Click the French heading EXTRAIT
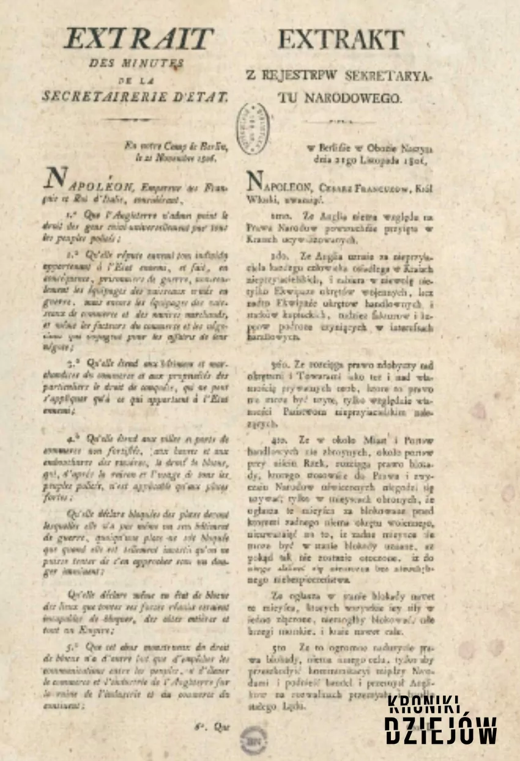[x=139, y=39]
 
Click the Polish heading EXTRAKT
[x=341, y=40]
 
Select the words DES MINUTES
[x=136, y=63]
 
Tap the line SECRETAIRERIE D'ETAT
[x=135, y=96]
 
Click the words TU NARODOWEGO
[x=341, y=97]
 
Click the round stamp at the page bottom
[x=253, y=739]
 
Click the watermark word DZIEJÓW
[x=440, y=730]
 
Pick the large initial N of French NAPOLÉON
[x=57, y=178]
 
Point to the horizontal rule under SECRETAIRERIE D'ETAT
[x=136, y=120]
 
